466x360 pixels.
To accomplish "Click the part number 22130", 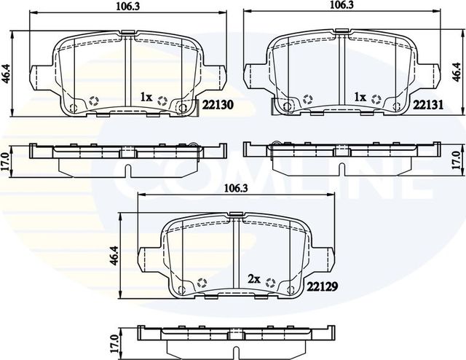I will coord(217,105).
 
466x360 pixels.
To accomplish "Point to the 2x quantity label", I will coord(254,279).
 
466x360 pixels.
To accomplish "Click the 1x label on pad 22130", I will coord(146,96).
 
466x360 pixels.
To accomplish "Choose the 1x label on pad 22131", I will coord(359,96).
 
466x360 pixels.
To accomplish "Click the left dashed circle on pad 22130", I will coord(92,101).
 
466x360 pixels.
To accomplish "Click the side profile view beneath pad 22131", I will coord(341,157).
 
